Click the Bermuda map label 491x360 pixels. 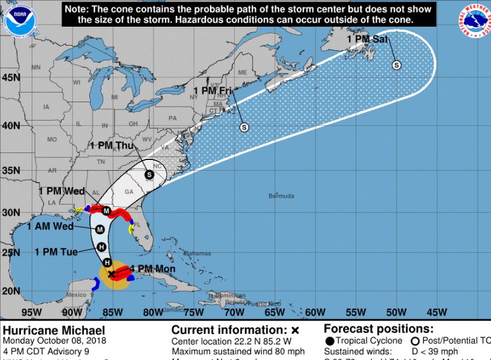coord(281,196)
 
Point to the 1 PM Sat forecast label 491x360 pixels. coord(367,39)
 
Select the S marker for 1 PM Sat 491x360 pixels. coord(397,65)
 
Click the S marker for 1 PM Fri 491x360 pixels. coord(244,127)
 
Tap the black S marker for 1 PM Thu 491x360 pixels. coord(149,175)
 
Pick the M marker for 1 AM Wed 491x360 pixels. coord(100,229)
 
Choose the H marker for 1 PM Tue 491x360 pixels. coord(101,246)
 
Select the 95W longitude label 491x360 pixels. coord(31,312)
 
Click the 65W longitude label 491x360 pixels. coord(274,312)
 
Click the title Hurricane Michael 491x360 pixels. coord(45,330)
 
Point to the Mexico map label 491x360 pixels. coord(76,294)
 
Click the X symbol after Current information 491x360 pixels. coord(294,330)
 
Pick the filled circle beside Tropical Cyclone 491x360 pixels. coord(329,341)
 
